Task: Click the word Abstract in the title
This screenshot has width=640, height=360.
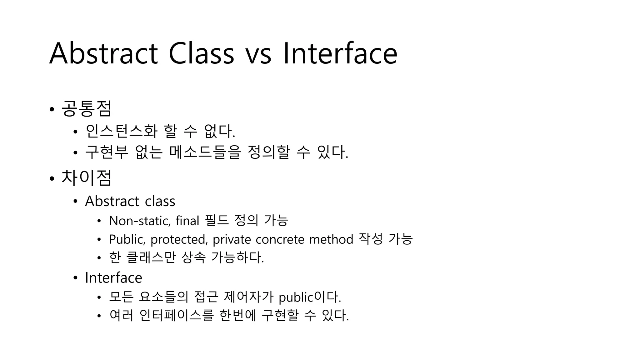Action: [x=103, y=54]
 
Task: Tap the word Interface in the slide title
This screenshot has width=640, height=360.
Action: [x=340, y=54]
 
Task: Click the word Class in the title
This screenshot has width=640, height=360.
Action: [x=201, y=54]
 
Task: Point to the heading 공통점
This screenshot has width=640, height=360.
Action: [x=86, y=109]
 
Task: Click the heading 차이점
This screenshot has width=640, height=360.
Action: [x=86, y=178]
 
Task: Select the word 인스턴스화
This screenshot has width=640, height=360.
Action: [x=121, y=131]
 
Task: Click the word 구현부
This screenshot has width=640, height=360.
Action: [x=107, y=152]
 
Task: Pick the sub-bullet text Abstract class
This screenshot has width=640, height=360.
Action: [x=130, y=201]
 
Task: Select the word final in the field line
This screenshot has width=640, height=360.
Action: [x=187, y=221]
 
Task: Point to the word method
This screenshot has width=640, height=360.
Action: [x=331, y=240]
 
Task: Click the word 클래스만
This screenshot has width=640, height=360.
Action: [x=151, y=258]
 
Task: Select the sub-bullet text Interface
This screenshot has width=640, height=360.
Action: [x=113, y=278]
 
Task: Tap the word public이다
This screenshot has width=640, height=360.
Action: [x=309, y=297]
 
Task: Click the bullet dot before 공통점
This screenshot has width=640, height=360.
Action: [x=52, y=109]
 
